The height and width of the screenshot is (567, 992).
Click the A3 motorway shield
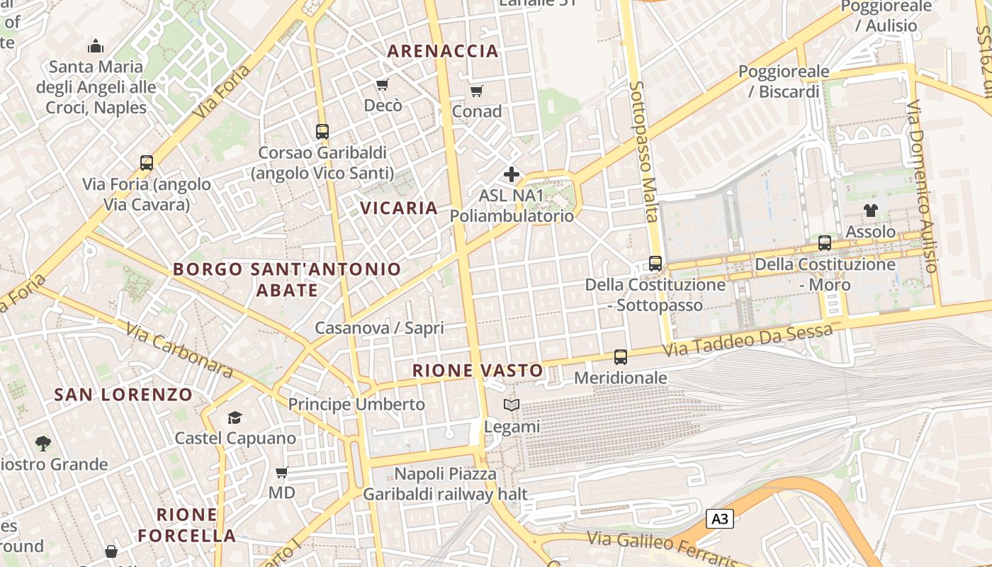pyautogui.click(x=719, y=519)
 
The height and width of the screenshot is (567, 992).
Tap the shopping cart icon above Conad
pyautogui.click(x=476, y=91)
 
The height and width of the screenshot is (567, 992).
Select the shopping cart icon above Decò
pyautogui.click(x=382, y=85)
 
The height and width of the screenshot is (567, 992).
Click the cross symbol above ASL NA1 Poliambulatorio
pyautogui.click(x=511, y=174)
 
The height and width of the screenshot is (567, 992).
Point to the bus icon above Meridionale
pyautogui.click(x=621, y=357)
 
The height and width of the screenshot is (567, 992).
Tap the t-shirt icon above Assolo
pyautogui.click(x=870, y=210)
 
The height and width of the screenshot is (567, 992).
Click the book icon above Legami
pyautogui.click(x=511, y=405)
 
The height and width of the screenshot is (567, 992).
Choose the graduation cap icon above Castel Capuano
pyautogui.click(x=235, y=417)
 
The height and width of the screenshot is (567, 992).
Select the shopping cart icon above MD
pyautogui.click(x=281, y=472)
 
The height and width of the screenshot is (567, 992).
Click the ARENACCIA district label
pyautogui.click(x=444, y=51)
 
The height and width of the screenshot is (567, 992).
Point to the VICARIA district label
pyautogui.click(x=399, y=208)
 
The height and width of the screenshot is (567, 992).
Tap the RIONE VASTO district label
pyautogui.click(x=478, y=370)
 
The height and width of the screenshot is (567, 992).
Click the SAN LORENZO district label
pyautogui.click(x=123, y=394)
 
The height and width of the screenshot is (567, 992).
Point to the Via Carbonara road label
pyautogui.click(x=180, y=351)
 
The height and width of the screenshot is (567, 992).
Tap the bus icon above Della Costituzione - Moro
pyautogui.click(x=825, y=243)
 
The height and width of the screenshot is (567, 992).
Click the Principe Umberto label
pyautogui.click(x=356, y=404)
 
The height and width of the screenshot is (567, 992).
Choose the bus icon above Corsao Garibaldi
pyautogui.click(x=322, y=132)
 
